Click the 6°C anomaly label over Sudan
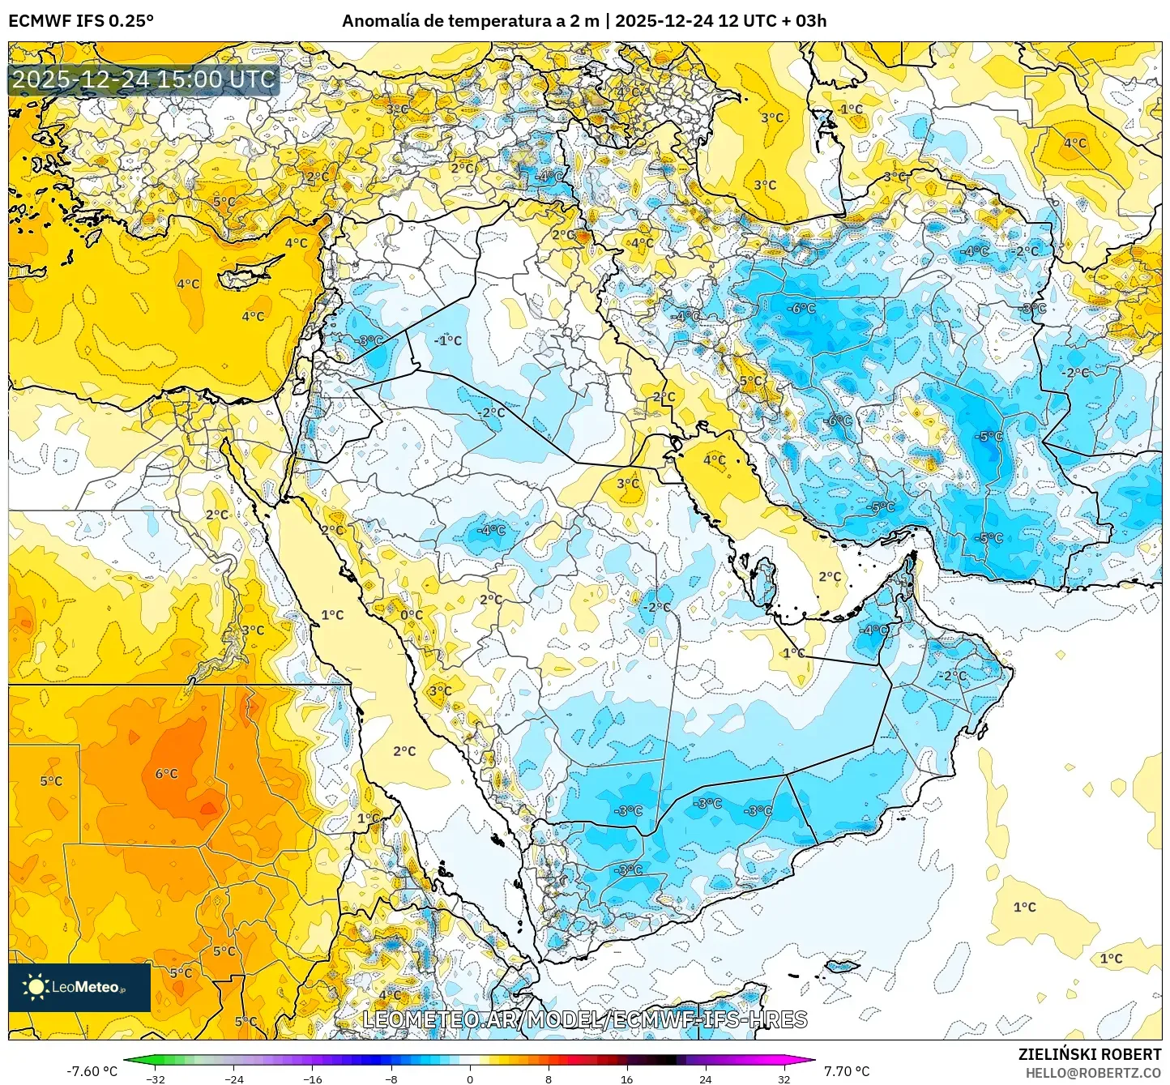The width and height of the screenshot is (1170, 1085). tap(166, 774)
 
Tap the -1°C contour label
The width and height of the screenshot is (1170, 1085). tap(448, 340)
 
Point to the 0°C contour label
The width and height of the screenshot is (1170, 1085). tap(412, 615)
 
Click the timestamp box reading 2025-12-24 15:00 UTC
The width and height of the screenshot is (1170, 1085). tap(143, 79)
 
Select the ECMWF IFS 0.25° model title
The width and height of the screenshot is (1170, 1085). tap(81, 21)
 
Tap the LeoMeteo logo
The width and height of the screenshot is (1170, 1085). tap(79, 987)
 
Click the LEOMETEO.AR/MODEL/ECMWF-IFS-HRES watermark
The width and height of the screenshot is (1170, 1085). tap(584, 1019)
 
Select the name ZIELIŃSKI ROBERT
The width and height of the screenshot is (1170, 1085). tap(1089, 1054)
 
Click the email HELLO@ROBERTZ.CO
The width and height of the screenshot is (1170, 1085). tap(1093, 1073)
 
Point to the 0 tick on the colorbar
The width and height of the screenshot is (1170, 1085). tap(470, 1079)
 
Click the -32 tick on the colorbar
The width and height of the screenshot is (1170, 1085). tap(156, 1079)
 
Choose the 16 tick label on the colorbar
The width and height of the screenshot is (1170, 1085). tap(626, 1079)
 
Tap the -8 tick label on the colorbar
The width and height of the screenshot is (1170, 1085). tap(391, 1079)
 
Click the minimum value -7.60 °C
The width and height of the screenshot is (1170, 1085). tap(92, 1071)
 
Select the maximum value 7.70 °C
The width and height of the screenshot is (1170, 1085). tap(847, 1071)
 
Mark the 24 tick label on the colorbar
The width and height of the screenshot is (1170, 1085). tap(705, 1079)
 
